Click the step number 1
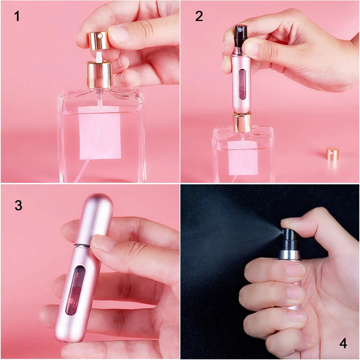[x=17, y=16]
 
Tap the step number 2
[x=199, y=16]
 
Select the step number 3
[x=18, y=205]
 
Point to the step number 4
[x=343, y=343]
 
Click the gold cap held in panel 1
[x=99, y=40]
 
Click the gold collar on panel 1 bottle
[x=99, y=75]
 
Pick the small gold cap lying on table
[x=332, y=154]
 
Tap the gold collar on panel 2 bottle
[x=242, y=122]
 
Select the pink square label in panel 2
[x=243, y=158]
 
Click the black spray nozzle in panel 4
[x=288, y=239]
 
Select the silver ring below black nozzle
[x=289, y=255]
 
